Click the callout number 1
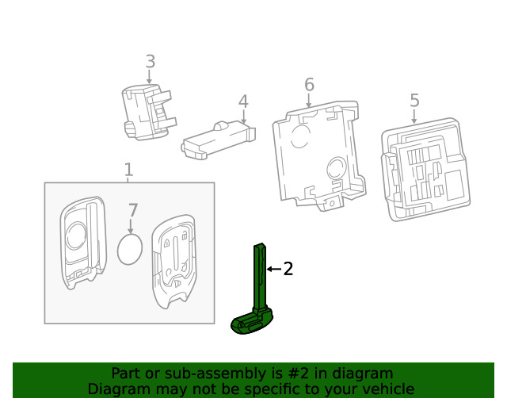pyautogui.click(x=128, y=170)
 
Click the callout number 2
pyautogui.click(x=288, y=270)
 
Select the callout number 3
pyautogui.click(x=150, y=61)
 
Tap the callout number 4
pyautogui.click(x=243, y=101)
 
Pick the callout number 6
pyautogui.click(x=309, y=84)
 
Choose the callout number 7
pyautogui.click(x=133, y=211)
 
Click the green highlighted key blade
pyautogui.click(x=259, y=278)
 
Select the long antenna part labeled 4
pyautogui.click(x=218, y=141)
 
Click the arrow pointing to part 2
pyautogui.click(x=273, y=270)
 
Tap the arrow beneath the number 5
pyautogui.click(x=414, y=117)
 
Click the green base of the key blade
pyautogui.click(x=251, y=324)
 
